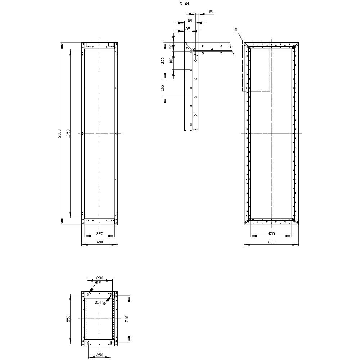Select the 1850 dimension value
tap(68, 134)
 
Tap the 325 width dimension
tap(100, 234)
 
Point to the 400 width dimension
tap(100, 242)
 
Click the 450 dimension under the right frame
tap(272, 234)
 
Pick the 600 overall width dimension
tap(271, 242)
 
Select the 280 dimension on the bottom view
tap(99, 278)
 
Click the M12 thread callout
tap(98, 283)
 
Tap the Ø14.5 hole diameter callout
tap(100, 302)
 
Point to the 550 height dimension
tap(68, 319)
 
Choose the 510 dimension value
tap(127, 319)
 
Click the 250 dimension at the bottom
tap(99, 355)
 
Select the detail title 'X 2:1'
tap(184, 3)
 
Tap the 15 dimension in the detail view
tap(211, 12)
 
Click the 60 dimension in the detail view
tap(190, 21)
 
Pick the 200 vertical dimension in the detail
tap(163, 60)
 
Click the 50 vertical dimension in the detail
tap(171, 47)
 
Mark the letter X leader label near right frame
tap(236, 29)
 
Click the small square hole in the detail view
tap(191, 88)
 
